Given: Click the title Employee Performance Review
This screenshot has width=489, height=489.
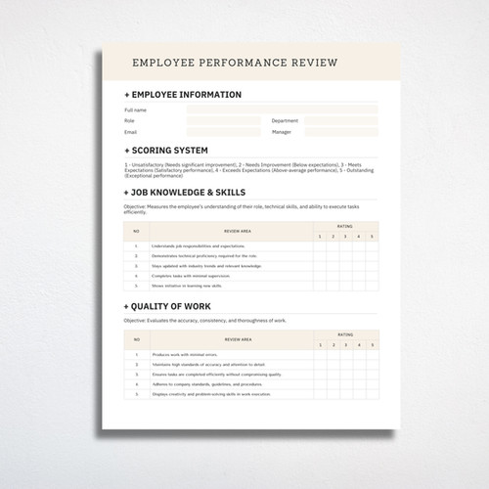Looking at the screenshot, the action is coord(235,64).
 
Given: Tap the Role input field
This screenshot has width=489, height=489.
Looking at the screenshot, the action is coord(224,121).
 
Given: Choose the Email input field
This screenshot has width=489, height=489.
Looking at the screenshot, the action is coord(224,132).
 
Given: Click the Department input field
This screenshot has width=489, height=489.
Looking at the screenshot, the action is coord(340,121).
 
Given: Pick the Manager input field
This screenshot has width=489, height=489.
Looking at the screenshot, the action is coord(340,132).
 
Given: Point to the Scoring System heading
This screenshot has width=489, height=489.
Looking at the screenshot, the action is coord(168,151).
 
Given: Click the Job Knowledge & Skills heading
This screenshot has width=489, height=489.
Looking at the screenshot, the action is coord(188,192).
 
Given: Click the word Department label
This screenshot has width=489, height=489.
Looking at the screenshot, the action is coord(285,121).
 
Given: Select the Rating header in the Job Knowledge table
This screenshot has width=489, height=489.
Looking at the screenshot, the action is coord(345,225).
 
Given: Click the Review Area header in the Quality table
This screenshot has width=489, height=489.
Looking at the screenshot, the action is coord(239,339).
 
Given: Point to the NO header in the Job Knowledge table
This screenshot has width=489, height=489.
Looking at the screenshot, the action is coord(136,231).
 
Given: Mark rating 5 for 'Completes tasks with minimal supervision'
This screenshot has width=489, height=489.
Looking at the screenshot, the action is coord(372,277).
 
